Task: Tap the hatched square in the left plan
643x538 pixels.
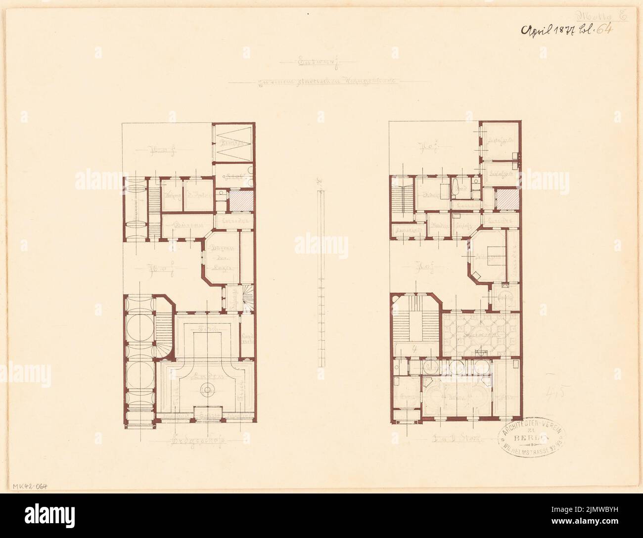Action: pos(242,202)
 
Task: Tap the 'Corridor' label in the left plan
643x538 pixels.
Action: pos(234,221)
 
